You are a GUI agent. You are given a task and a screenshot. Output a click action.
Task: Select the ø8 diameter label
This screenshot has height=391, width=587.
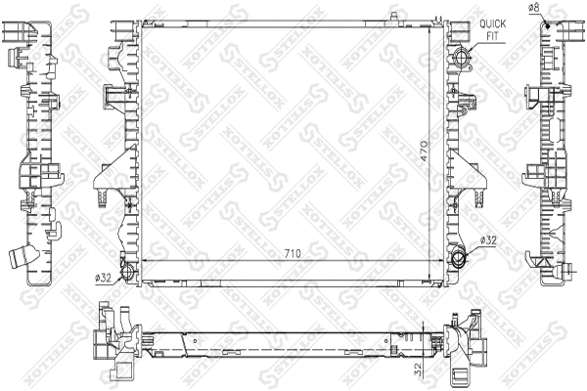[535, 8]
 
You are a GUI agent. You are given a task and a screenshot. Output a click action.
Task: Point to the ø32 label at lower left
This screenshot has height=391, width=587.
[103, 278]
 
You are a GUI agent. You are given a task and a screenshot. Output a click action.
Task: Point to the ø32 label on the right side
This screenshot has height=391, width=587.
[488, 239]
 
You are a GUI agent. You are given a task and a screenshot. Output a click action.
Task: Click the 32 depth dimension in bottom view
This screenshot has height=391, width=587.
[418, 369]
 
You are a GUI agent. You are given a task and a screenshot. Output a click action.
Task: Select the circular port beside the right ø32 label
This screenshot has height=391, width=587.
[459, 259]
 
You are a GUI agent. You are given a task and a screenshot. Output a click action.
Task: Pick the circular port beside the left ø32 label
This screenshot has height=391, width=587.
[124, 271]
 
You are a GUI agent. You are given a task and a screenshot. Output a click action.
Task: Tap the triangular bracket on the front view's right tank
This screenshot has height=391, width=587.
[473, 174]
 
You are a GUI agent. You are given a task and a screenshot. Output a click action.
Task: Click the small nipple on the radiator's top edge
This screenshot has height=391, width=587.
[394, 14]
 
